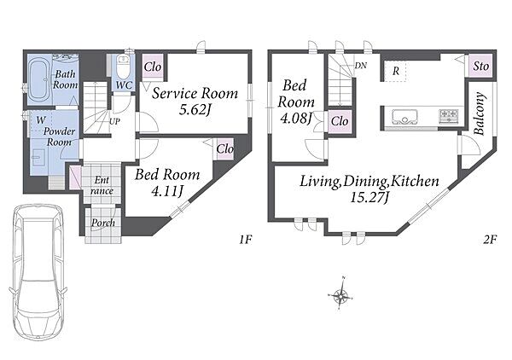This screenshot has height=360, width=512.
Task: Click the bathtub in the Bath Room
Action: coord(38,79)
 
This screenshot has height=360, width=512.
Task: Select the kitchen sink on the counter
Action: coord(404,117)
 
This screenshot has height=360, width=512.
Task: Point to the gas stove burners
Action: coord(449,115)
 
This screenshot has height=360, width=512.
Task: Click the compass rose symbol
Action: coord(340,296)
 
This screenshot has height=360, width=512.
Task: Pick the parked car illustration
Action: coord(38,273)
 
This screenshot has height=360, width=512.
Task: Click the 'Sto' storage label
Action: coord(481,67)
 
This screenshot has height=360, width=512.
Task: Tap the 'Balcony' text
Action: coord(479,113)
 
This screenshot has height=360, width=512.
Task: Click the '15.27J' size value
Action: coord(369,197)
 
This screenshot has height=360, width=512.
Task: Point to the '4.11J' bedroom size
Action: coord(167,191)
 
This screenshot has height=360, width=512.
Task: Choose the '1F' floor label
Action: coord(245,240)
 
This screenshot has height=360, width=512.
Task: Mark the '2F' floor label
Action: coord(490,240)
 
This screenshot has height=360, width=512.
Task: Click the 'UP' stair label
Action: coord(114,122)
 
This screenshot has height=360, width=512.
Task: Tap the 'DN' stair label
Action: coord(360,66)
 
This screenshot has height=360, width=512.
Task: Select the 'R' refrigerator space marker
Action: coord(396,71)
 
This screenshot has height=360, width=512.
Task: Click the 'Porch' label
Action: coord(103,223)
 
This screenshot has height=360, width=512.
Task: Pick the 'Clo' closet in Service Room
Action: coord(153,67)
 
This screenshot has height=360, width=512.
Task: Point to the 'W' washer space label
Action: coord(41,120)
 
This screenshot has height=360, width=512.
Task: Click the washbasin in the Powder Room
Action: coord(38,157)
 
